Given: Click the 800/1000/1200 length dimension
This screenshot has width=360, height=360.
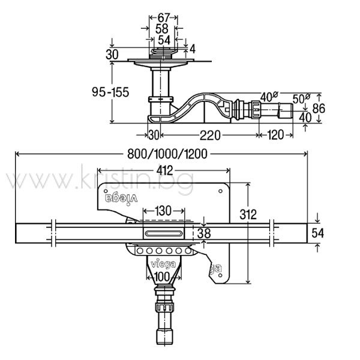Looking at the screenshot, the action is (x=167, y=154).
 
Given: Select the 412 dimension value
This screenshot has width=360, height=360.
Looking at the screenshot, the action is (x=164, y=170).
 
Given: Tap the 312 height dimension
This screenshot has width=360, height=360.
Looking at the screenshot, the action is (x=248, y=215).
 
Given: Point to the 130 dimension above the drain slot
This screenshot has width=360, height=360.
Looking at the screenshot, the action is (x=163, y=211).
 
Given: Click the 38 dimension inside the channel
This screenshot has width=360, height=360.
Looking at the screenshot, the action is (x=204, y=233).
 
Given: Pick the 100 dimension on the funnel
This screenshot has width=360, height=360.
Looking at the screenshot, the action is (x=162, y=277).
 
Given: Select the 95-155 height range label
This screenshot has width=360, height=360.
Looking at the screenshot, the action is (x=110, y=92).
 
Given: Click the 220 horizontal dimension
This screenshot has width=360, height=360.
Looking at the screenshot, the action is (x=210, y=135).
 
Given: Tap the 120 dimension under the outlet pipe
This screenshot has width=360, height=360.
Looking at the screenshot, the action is (x=275, y=135).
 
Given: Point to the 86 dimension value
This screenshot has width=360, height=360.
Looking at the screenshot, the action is (x=319, y=108).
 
